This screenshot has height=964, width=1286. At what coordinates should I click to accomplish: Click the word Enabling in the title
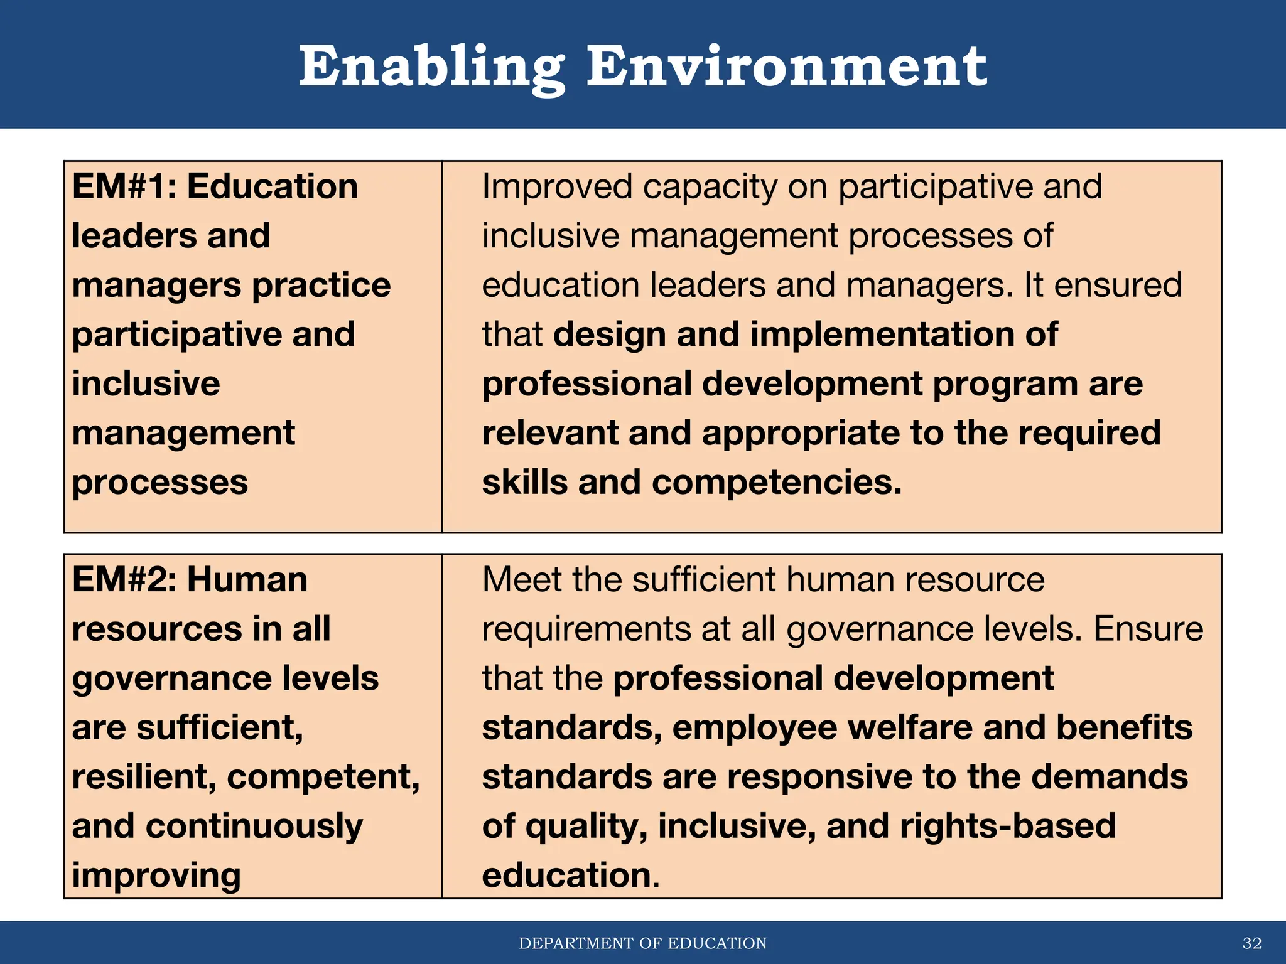coord(431,68)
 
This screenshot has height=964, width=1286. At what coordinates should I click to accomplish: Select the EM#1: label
coord(124,186)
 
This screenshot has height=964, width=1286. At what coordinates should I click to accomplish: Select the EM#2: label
coord(124,579)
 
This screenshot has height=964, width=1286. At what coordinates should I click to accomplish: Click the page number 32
coord(1252,943)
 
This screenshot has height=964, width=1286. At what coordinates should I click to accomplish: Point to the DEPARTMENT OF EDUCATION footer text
coord(642,943)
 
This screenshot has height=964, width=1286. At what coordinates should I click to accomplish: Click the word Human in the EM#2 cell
coord(247,579)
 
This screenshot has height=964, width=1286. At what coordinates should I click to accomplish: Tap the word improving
coord(156,876)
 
